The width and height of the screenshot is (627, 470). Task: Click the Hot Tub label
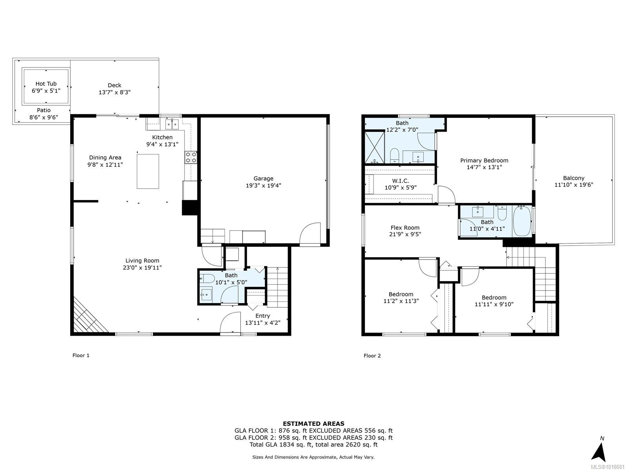[x=46, y=84]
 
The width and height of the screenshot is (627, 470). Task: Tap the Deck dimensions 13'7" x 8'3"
[x=114, y=92]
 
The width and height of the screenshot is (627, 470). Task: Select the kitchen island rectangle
[x=148, y=171]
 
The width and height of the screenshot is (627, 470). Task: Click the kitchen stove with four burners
[x=191, y=157]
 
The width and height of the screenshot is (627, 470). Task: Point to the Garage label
[x=263, y=179]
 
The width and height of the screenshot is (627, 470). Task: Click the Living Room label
[x=142, y=261]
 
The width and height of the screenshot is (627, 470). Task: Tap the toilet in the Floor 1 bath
[x=207, y=279]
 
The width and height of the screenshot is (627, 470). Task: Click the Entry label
[x=263, y=316]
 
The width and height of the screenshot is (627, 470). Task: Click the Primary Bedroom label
[x=484, y=161]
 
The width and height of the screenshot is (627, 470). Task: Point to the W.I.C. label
[x=400, y=181]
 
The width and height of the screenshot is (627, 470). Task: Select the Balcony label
[x=574, y=178]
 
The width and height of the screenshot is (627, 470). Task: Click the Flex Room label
[x=405, y=228]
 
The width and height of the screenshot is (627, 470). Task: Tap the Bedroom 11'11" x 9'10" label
[x=494, y=298]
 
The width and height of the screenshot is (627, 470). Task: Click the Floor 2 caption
[x=372, y=356]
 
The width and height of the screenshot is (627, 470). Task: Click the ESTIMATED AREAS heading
[x=313, y=423]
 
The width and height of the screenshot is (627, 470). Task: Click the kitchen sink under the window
[x=172, y=125]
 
